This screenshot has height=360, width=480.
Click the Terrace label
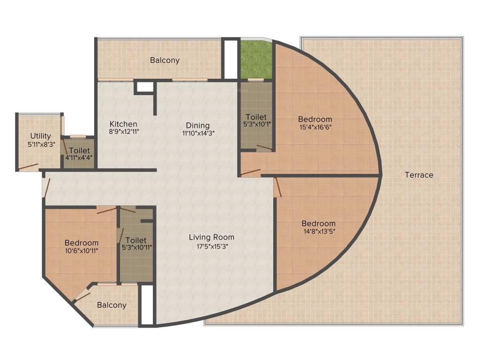(x=419, y=175)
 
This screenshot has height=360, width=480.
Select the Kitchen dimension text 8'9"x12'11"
(x=123, y=132)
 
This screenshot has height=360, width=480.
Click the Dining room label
(x=197, y=125)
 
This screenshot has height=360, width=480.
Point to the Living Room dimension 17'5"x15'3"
(x=211, y=246)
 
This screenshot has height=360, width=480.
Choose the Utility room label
(x=41, y=136)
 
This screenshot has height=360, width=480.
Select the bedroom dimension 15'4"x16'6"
(x=315, y=127)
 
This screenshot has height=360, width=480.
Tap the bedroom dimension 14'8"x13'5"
(x=318, y=231)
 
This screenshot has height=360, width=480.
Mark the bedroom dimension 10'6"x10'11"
(x=82, y=251)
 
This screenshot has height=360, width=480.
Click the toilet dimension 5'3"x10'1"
(x=256, y=124)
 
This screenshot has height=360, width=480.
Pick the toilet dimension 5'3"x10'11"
(x=136, y=247)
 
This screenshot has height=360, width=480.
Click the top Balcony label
(x=165, y=60)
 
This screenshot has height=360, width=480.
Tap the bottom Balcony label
(x=112, y=305)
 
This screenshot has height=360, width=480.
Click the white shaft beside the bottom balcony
(x=147, y=305)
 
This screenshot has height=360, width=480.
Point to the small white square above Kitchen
(x=145, y=87)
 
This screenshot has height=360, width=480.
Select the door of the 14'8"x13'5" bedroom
(x=278, y=187)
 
